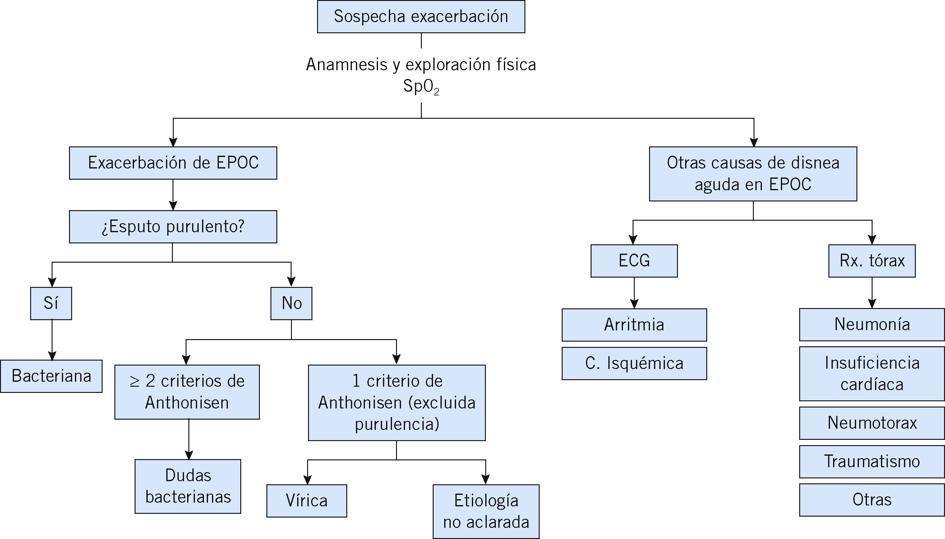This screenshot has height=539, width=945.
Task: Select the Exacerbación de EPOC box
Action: (173, 163)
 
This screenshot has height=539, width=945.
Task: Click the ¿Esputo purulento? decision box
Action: (173, 227)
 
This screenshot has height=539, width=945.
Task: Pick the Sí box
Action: (51, 303)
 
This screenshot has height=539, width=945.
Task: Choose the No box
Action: (291, 303)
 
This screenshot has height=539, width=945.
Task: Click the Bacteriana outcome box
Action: (51, 376)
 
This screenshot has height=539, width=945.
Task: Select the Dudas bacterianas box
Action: (188, 486)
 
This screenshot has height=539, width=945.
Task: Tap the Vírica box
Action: (307, 500)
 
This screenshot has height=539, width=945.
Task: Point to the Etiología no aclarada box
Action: (486, 511)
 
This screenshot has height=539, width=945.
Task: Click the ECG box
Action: (634, 260)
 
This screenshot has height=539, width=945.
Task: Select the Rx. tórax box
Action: (872, 260)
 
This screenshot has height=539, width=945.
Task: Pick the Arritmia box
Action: (634, 325)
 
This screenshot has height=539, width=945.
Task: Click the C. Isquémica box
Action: (634, 363)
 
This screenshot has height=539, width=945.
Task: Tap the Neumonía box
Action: (872, 324)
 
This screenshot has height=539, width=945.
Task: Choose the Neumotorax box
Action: (872, 423)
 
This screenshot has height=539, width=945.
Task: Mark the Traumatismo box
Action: (872, 461)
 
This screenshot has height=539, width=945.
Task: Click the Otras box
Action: (872, 500)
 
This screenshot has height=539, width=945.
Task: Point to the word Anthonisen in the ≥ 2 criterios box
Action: (187, 403)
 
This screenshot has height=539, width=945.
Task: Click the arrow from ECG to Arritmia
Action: (634, 293)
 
